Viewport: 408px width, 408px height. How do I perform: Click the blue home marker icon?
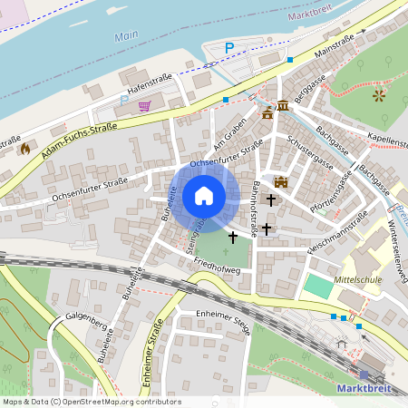click(x=204, y=196)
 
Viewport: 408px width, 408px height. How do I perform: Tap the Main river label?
click(x=126, y=37)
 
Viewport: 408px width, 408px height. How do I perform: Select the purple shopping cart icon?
click(x=144, y=106)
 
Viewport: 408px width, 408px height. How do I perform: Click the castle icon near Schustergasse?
click(x=280, y=181)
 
